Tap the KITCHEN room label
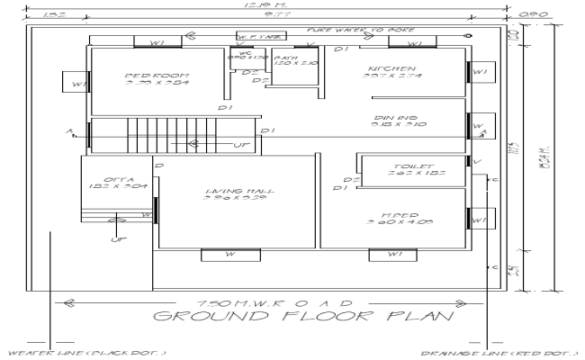click(391, 69)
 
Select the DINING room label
click(395, 118)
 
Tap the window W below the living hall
click(230, 255)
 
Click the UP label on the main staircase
click(240, 144)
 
